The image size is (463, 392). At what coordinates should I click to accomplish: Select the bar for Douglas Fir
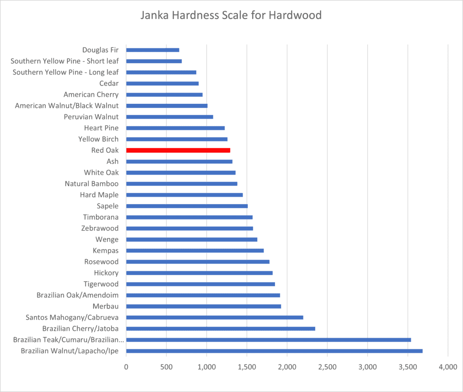click(x=152, y=50)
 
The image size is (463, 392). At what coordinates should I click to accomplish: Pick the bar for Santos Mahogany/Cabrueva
click(x=214, y=317)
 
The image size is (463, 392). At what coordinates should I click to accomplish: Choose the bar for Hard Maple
click(x=184, y=195)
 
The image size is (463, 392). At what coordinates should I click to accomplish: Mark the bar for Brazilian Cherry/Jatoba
click(x=220, y=328)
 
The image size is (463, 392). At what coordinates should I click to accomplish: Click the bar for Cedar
click(x=162, y=83)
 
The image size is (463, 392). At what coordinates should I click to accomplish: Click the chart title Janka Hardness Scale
click(x=231, y=15)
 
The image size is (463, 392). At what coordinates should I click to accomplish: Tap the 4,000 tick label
click(x=448, y=368)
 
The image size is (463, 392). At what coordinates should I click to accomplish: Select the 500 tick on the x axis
click(x=166, y=368)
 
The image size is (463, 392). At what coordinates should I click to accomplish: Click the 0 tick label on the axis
click(x=126, y=368)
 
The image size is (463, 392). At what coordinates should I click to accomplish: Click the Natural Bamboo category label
click(x=91, y=184)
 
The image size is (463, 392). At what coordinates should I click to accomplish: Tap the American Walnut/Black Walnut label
click(x=66, y=106)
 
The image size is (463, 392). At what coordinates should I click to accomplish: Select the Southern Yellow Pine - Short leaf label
click(x=64, y=61)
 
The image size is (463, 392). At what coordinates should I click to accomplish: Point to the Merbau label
click(x=105, y=306)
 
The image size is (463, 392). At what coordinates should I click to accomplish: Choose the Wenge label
click(x=107, y=239)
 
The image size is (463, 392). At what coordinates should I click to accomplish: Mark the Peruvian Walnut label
click(x=91, y=117)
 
